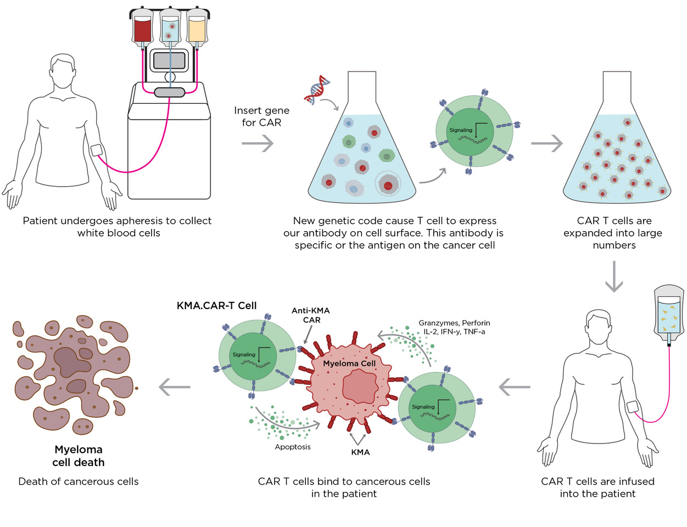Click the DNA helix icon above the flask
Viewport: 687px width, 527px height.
click(317, 91)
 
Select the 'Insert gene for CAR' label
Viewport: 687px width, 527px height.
click(261, 116)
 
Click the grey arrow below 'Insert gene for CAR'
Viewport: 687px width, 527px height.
click(258, 144)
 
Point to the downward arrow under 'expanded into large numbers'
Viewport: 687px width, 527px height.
click(614, 277)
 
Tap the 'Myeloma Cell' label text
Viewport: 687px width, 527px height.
click(349, 363)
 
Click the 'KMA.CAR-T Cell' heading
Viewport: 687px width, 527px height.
click(216, 306)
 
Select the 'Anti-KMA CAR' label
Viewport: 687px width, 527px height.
click(311, 315)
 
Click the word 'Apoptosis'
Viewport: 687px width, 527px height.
click(293, 447)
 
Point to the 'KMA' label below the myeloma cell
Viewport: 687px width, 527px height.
click(360, 452)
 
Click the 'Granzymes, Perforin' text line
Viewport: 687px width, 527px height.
click(454, 323)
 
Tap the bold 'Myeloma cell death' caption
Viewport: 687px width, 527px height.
click(79, 456)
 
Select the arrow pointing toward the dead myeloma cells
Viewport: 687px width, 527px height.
click(174, 387)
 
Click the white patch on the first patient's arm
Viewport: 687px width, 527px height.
click(97, 150)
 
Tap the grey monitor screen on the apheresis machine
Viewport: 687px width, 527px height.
click(169, 60)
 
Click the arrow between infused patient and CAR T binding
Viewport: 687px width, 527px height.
click(515, 387)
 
